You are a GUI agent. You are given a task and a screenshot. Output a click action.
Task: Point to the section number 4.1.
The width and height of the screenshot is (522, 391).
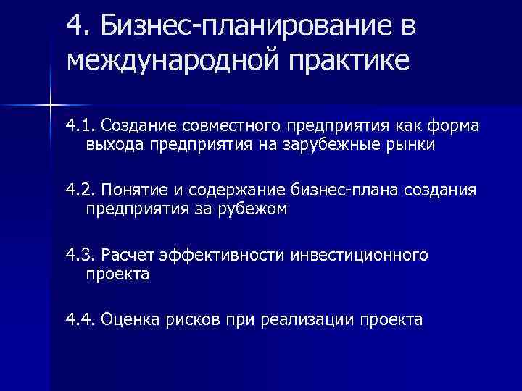(81, 127)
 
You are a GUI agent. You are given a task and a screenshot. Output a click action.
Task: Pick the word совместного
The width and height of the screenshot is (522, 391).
(231, 127)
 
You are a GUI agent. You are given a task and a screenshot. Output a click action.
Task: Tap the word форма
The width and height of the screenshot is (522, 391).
(454, 127)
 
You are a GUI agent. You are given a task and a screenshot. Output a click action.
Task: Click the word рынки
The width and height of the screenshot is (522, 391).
(409, 145)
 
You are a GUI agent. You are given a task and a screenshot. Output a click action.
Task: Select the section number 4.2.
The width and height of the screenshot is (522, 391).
(81, 190)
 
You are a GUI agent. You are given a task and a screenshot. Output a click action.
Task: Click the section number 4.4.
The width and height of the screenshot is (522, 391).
(81, 319)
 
